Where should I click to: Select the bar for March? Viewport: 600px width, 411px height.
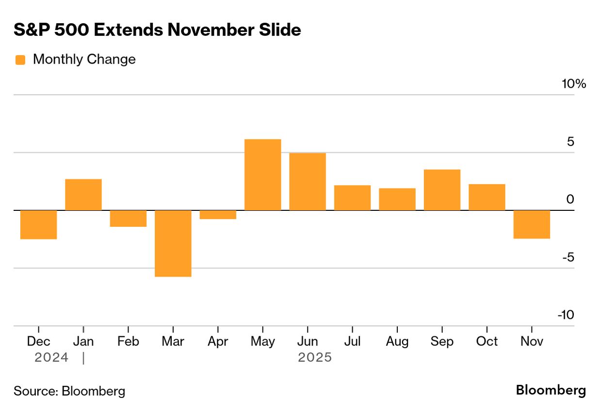[x=173, y=243]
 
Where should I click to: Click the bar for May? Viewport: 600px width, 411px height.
[x=262, y=174]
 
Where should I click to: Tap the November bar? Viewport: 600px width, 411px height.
[x=532, y=224]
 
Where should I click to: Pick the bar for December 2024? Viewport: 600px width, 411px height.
[x=38, y=224]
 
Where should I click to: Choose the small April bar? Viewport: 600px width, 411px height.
[x=218, y=215]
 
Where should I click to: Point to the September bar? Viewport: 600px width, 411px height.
[x=442, y=190]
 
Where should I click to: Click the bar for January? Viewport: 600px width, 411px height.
[x=83, y=194]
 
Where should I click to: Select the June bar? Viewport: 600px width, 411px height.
[x=308, y=181]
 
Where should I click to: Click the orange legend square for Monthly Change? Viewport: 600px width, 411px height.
[x=20, y=60]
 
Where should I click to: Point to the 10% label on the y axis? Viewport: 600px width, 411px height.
[x=574, y=84]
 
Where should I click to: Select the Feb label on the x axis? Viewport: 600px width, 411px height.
[x=128, y=341]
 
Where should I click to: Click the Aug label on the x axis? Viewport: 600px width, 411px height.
[x=397, y=341]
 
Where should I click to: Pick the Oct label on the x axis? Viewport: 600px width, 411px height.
[x=486, y=341]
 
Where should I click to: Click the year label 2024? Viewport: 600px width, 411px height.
[x=51, y=358]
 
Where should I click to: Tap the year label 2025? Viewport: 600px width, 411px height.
[x=315, y=358]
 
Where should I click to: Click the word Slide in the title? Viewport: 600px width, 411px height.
[x=281, y=30]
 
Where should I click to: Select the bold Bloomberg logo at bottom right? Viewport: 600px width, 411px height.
[x=551, y=390]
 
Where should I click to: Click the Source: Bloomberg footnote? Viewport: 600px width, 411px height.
[x=69, y=391]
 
